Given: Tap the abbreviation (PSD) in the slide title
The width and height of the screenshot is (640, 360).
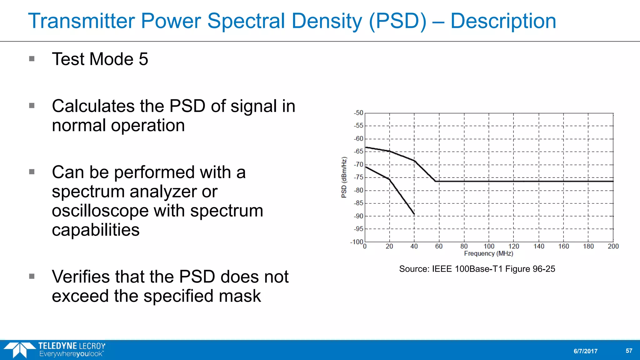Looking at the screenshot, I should pos(397,21).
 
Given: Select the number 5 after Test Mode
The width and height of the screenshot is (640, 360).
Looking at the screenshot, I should pos(143,59).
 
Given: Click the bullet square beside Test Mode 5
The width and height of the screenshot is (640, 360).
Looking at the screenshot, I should pos(32,59).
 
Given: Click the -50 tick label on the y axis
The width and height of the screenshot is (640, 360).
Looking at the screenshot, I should pos(359,113).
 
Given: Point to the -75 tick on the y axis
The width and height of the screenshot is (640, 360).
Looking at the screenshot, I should pos(359,177).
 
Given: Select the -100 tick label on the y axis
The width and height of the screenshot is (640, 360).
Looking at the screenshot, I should pos(357,242).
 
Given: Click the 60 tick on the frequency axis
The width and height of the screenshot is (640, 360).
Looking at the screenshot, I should pos(439,247).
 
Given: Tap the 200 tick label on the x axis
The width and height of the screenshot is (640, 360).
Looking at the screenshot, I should pos(613,247).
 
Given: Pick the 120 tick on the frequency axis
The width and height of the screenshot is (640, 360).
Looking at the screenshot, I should pos(513,247).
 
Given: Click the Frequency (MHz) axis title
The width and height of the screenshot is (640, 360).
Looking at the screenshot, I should pos(488,253).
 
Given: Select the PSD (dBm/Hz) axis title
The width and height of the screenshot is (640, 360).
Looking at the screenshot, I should pos(344,177).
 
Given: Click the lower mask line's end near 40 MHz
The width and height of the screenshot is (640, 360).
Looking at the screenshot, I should pos(414,214).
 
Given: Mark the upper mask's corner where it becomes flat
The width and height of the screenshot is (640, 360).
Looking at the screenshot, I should pos(435,181).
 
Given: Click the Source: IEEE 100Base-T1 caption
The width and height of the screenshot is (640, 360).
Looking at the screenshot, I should pos(477,269).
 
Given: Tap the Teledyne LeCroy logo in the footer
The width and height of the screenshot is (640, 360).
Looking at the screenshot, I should pos(55,350).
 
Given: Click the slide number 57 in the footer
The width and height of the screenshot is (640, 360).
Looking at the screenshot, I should pos(629,351).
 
